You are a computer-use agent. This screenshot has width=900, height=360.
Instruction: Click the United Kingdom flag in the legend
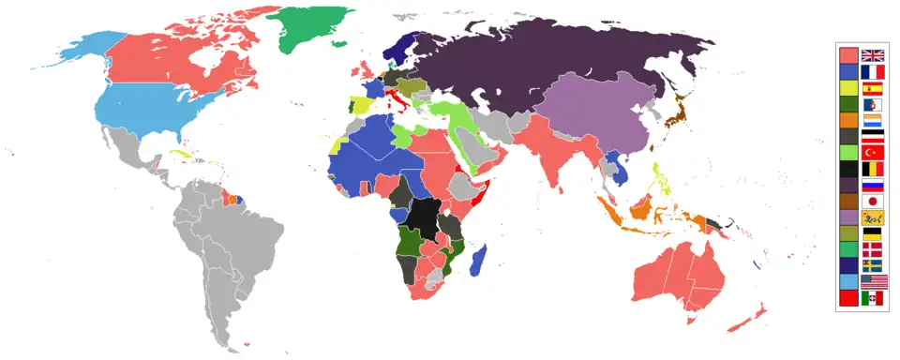(x=873, y=55)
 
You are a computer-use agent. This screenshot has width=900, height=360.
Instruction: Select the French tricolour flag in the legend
(x=873, y=72)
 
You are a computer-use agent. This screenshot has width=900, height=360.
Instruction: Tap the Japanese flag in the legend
(x=873, y=201)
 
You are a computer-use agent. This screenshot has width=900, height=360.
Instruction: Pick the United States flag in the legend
(x=873, y=281)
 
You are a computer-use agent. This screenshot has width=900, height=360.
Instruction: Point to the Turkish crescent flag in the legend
(x=873, y=152)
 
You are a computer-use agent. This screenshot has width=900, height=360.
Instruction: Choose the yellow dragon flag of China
(x=873, y=217)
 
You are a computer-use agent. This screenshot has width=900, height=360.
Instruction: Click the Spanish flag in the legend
(x=873, y=88)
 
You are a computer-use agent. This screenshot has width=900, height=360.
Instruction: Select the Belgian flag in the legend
(x=873, y=169)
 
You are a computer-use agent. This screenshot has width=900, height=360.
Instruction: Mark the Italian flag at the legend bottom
(x=873, y=297)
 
